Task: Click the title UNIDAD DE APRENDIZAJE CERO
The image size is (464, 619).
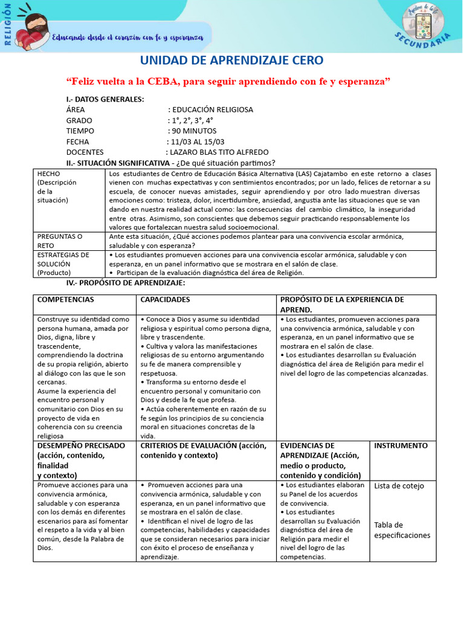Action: tap(232, 60)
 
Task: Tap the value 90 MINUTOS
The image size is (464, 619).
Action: tap(194, 131)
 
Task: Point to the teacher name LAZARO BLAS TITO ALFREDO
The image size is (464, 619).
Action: tap(219, 152)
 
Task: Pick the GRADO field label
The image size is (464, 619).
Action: tap(79, 120)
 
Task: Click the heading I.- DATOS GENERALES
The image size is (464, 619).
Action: tap(105, 99)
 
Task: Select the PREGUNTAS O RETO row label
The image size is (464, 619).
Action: tap(60, 241)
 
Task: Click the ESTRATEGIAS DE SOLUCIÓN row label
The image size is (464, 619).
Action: tap(63, 264)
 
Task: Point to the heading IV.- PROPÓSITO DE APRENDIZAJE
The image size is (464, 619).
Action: tap(126, 283)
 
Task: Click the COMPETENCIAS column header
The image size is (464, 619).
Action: tap(66, 300)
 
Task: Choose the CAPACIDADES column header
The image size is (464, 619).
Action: tap(165, 300)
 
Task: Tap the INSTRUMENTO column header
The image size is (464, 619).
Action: tap(401, 446)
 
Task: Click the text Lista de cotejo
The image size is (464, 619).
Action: tap(399, 486)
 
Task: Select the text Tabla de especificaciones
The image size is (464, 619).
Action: tap(402, 530)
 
